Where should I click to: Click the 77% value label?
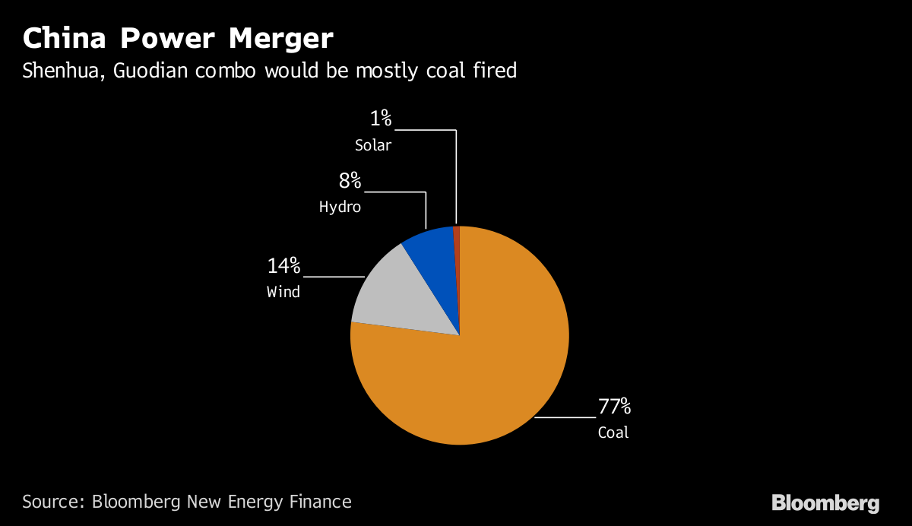[x=614, y=407]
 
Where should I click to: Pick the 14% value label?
[x=283, y=266]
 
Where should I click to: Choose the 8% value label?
[x=350, y=181]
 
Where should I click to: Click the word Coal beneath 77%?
[x=613, y=433]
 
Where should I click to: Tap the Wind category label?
[x=283, y=291]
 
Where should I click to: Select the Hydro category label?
[x=340, y=207]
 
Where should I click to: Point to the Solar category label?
[x=372, y=144]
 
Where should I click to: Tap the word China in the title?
[x=62, y=38]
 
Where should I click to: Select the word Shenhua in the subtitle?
[x=62, y=71]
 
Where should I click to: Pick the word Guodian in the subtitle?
[x=150, y=71]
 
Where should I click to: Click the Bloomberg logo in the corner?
[x=825, y=503]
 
